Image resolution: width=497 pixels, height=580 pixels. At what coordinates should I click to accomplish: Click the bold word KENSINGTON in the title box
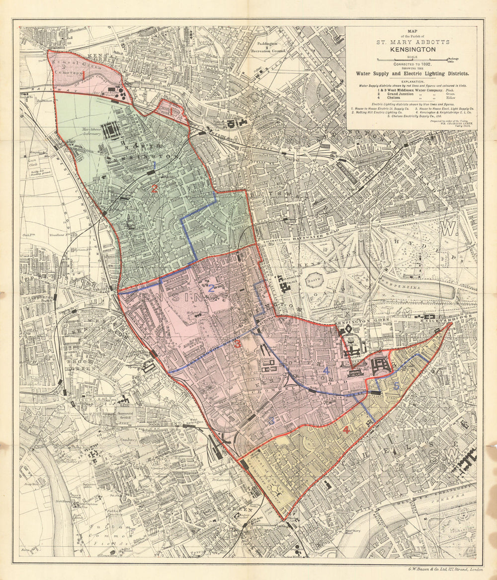412,49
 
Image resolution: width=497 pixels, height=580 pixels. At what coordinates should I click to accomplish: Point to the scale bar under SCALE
412,60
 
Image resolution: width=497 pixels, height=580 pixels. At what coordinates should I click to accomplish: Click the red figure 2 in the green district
155,189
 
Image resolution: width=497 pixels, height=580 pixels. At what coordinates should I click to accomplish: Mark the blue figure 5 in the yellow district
396,385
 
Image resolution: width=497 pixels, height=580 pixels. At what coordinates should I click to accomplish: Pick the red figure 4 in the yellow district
346,430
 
